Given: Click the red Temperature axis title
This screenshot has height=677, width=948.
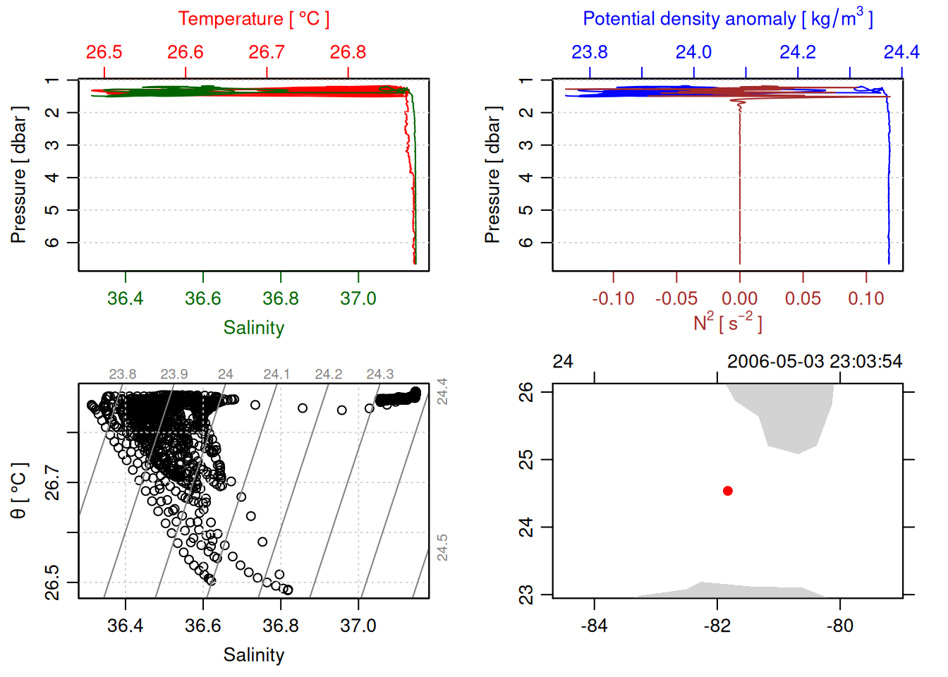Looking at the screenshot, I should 253,19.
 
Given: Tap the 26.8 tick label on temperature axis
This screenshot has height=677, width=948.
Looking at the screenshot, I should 348,52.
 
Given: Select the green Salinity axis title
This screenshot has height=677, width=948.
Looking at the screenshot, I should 253,328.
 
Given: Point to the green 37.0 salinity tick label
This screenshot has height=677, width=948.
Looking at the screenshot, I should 358,299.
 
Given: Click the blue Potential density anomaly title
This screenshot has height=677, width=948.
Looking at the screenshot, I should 727,19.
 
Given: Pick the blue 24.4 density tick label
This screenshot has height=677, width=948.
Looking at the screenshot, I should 901,52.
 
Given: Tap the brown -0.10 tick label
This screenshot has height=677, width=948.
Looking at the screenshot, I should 613,299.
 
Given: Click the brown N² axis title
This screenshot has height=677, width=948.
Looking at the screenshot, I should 727,323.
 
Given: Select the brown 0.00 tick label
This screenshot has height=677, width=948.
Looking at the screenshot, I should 739,299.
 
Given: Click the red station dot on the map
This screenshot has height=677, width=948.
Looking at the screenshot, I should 728,491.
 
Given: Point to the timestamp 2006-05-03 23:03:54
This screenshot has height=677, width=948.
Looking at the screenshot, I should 814,362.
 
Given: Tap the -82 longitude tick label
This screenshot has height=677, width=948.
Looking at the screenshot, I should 717,626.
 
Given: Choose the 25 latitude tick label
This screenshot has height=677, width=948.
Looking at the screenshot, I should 526,460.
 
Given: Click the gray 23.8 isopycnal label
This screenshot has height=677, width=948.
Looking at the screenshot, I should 122,374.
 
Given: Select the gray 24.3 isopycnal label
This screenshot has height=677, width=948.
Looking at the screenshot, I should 379,374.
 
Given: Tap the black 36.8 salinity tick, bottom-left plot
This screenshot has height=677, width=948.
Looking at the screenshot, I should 281,626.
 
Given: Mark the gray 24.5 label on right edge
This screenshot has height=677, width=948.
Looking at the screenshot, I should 442,548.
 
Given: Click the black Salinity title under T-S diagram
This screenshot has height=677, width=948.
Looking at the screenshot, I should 253,655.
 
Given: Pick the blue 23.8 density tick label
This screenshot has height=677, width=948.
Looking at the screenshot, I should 589,52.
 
